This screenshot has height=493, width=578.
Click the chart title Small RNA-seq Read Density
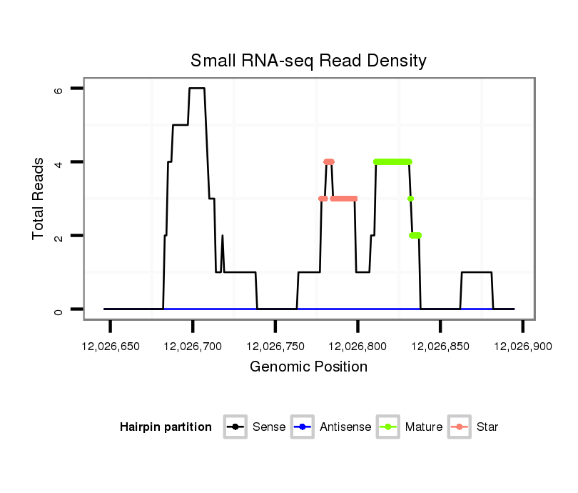tap(308, 61)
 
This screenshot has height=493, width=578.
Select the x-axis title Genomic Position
tap(308, 367)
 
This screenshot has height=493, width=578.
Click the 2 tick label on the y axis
tap(59, 236)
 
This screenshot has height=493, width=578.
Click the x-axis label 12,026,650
tap(110, 347)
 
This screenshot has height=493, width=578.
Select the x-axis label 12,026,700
tap(193, 347)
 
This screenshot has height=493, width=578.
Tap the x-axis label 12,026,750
tap(275, 347)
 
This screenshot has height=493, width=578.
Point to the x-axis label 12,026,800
tap(358, 347)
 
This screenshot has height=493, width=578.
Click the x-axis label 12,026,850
tap(440, 347)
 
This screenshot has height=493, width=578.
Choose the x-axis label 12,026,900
tap(523, 347)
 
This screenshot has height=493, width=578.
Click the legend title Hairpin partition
tap(166, 427)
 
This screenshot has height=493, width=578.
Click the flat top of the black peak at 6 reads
tap(197, 88)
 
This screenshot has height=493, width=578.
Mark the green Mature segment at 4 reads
tap(392, 161)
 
